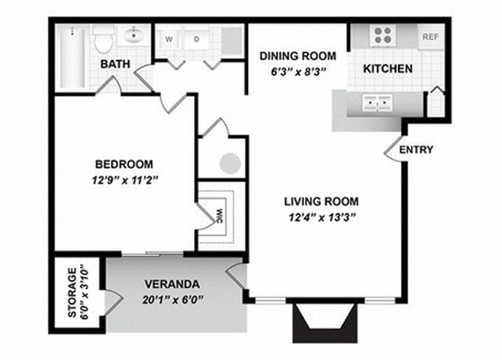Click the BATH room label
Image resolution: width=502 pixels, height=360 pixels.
[116, 65]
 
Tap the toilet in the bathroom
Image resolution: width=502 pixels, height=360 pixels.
[103, 39]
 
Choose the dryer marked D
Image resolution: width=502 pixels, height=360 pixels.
[196, 38]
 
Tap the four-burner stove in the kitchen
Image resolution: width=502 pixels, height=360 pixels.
[383, 36]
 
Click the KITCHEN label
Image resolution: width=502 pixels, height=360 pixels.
[387, 69]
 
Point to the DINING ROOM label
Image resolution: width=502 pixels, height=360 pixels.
[297, 56]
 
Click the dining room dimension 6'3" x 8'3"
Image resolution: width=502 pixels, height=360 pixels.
[297, 73]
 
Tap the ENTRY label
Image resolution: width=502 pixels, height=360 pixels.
[416, 150]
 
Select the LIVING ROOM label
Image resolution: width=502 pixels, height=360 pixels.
[321, 201]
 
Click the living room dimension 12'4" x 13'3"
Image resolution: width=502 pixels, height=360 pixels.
[321, 217]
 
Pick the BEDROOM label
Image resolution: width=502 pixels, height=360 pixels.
[124, 164]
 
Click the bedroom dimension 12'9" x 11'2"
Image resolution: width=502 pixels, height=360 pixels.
[124, 180]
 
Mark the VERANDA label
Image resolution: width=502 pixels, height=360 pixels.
[172, 285]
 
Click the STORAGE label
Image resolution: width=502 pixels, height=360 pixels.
[73, 293]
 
